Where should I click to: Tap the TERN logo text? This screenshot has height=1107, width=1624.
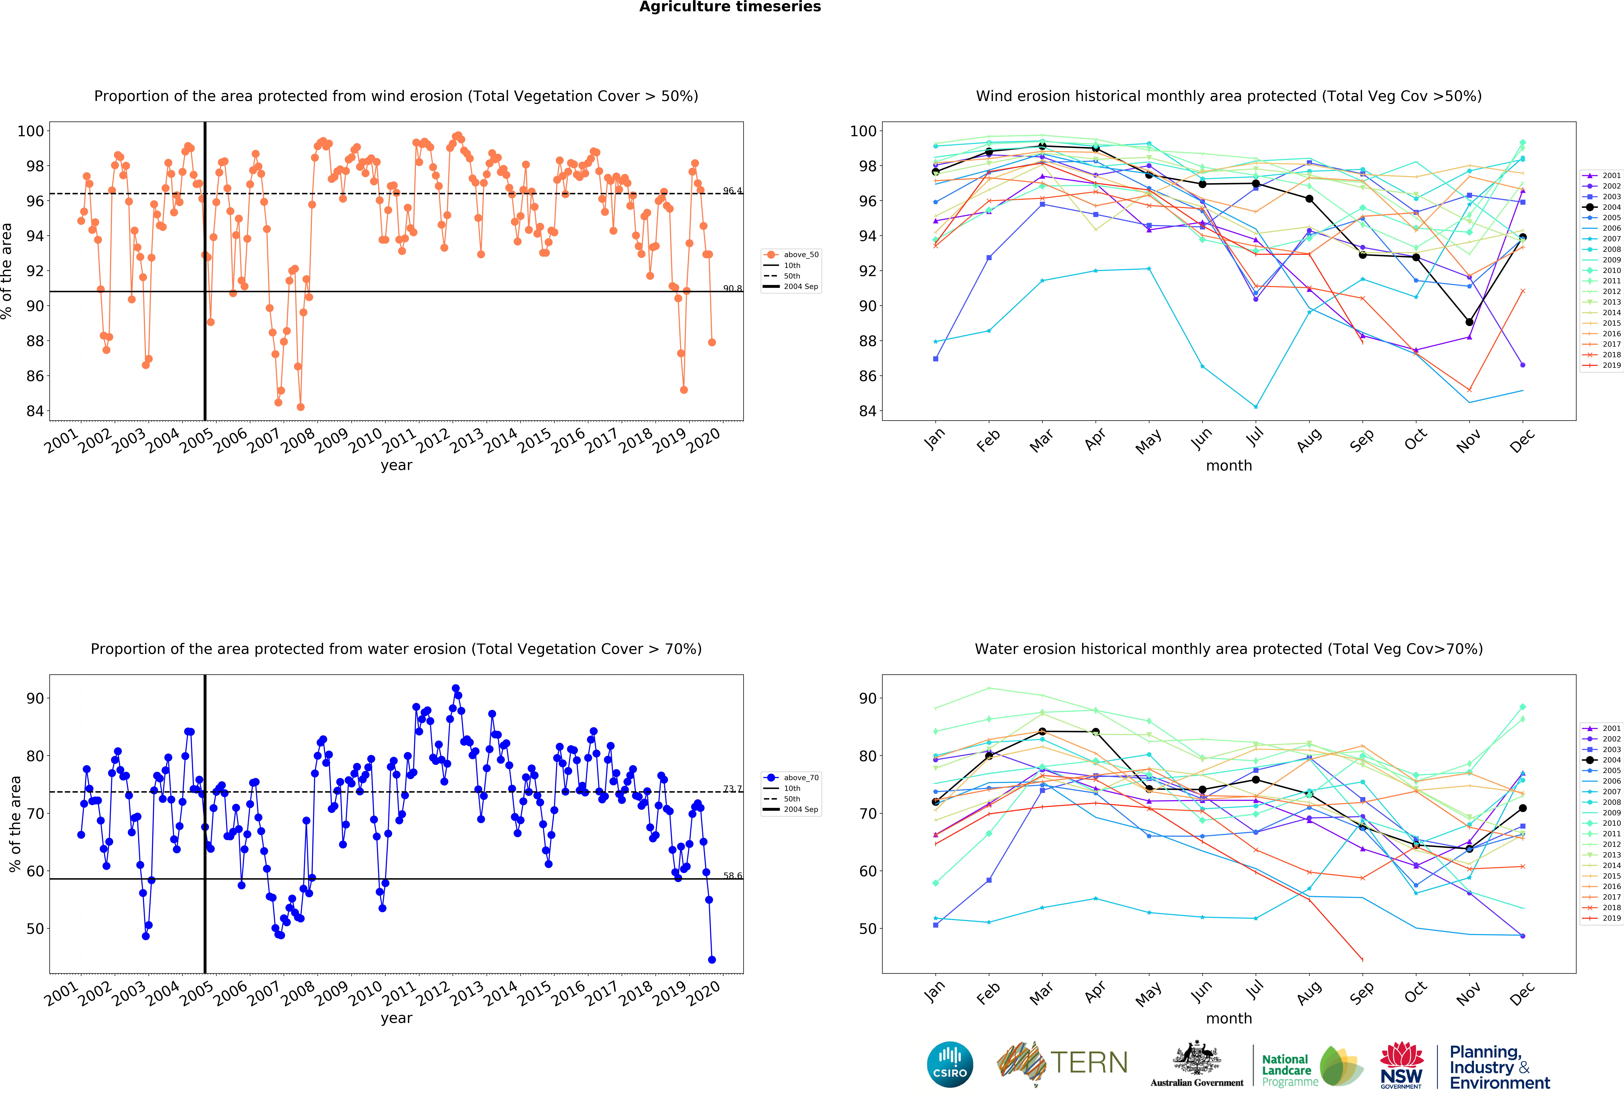[1089, 1063]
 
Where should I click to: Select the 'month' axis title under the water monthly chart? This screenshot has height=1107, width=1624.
[1228, 1018]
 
